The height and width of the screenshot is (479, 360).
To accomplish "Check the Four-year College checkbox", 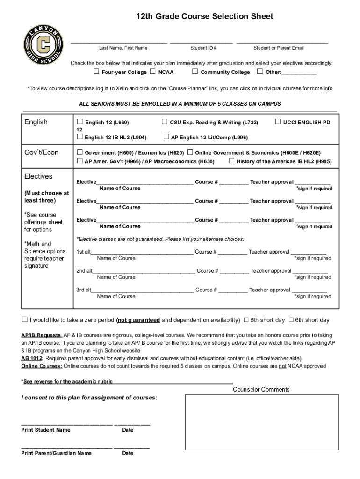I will [x=96, y=72].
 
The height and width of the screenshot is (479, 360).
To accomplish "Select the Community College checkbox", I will [x=195, y=72].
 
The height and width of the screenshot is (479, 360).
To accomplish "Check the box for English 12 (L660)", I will [x=79, y=122].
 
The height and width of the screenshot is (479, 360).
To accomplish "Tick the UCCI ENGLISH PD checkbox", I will [x=278, y=122].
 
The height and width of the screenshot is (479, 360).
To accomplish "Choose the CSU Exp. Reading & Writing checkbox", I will [x=165, y=122].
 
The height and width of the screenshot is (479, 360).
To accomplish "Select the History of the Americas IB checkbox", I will [x=231, y=161].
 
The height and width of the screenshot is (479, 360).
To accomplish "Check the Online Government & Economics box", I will [x=190, y=152].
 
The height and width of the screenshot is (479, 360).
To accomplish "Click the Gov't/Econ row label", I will [x=42, y=152].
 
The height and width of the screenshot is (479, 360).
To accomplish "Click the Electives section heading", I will [x=38, y=176].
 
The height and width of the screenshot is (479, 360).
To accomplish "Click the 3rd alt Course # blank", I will [x=233, y=290].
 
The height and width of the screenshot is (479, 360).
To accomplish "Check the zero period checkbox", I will [x=25, y=320].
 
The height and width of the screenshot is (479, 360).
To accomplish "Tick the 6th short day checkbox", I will [x=290, y=320].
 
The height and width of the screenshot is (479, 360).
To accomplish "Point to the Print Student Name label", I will [x=46, y=430].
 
